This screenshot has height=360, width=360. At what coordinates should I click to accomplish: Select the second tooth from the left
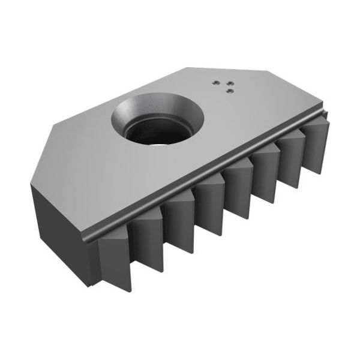point(148,239)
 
